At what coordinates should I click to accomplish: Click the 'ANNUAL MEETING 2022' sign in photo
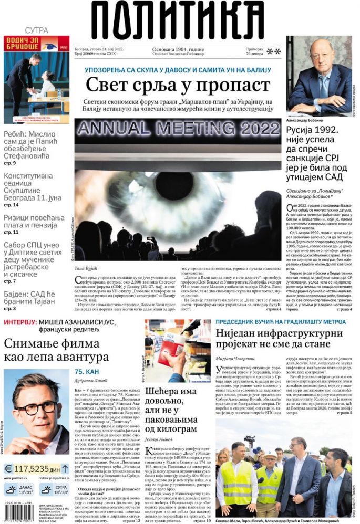[x=177, y=129]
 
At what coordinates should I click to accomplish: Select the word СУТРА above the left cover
[x=36, y=30]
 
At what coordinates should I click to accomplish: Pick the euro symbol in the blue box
[x=9, y=469]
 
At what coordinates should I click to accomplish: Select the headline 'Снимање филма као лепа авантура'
[x=56, y=350]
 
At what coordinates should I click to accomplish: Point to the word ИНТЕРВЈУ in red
[x=20, y=322]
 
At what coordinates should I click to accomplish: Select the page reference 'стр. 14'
[x=11, y=205]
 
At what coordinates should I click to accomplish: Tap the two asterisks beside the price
[x=274, y=51]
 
